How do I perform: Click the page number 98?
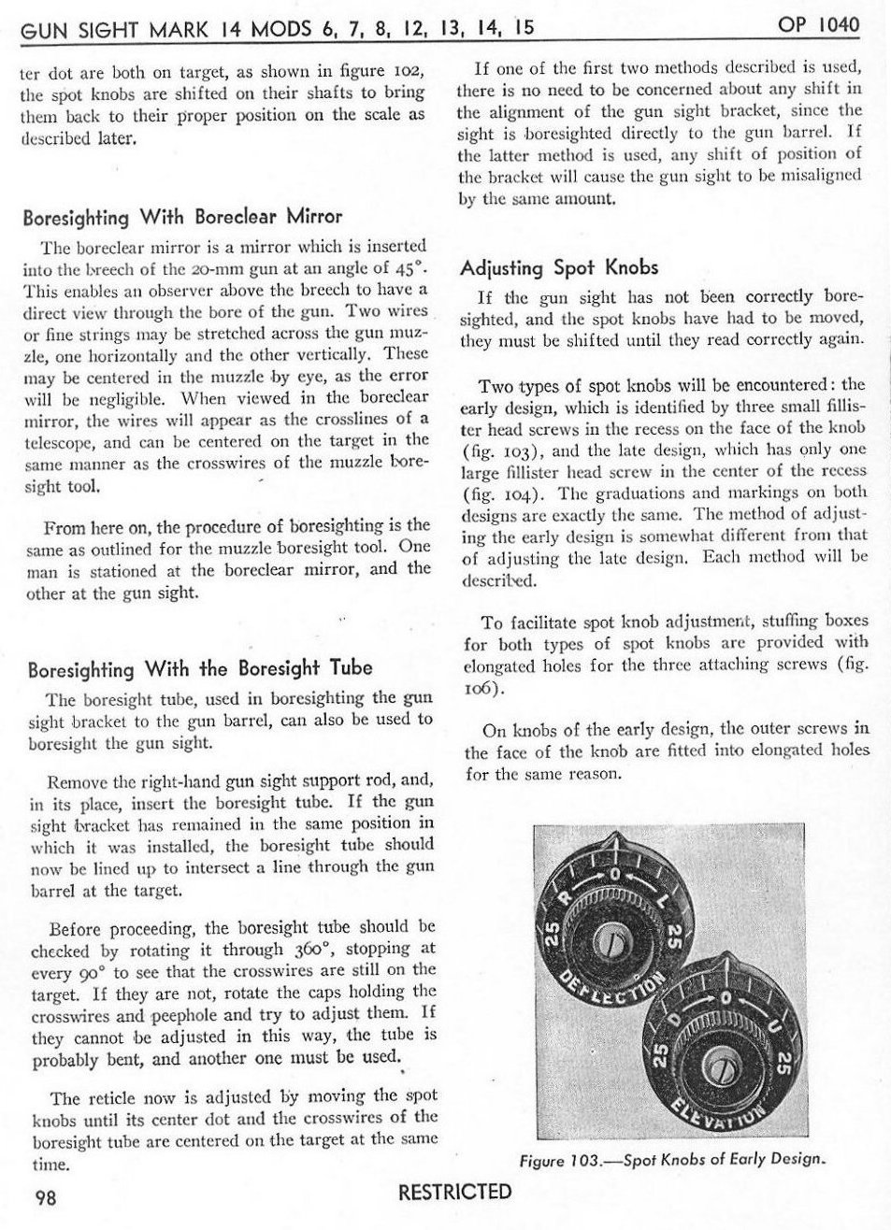click(x=46, y=1197)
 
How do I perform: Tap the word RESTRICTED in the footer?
click(x=455, y=1192)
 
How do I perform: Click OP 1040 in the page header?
click(x=818, y=24)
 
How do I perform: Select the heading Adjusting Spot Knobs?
click(x=559, y=268)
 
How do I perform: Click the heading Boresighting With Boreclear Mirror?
click(x=182, y=218)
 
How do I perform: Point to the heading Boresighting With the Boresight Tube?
click(x=200, y=669)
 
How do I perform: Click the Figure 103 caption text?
click(x=673, y=1159)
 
